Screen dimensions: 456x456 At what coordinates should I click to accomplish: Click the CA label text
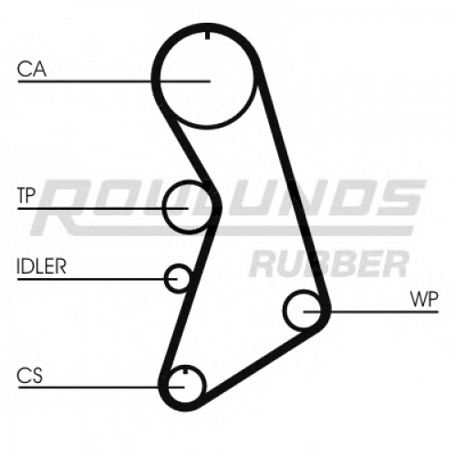point(32,69)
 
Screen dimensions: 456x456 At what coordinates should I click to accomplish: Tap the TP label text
point(26,195)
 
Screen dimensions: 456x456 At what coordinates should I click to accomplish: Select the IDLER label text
point(41,266)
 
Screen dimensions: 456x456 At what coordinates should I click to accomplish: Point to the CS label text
point(29,376)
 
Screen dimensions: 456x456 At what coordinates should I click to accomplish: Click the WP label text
point(424,300)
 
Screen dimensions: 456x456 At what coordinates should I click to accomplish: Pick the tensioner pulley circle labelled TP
point(164,207)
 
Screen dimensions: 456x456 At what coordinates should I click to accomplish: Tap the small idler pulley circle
point(166,278)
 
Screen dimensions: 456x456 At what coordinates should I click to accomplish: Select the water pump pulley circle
point(285,311)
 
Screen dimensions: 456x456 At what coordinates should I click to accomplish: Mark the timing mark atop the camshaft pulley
point(208,36)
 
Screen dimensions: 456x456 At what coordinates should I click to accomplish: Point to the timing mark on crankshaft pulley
point(184,371)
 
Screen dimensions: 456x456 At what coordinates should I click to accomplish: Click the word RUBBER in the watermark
point(329,264)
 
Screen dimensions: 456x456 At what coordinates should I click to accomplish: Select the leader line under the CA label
point(114,81)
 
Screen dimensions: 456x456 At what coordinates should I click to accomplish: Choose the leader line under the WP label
point(371,312)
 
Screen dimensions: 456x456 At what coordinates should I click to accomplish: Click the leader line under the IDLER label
point(98,278)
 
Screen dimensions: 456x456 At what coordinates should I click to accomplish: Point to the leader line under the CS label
point(101,388)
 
